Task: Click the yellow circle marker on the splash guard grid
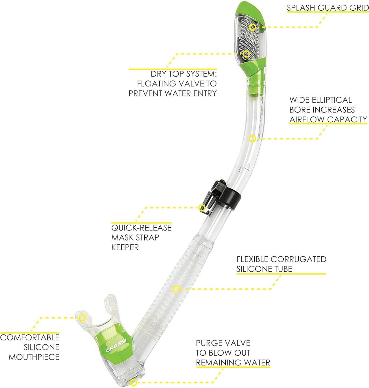253,27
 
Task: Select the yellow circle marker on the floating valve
246,54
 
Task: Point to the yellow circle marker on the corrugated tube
176,289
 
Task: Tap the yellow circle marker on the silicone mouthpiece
82,317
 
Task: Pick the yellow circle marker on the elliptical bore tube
252,139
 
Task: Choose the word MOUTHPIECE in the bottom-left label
34,357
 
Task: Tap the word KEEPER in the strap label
125,247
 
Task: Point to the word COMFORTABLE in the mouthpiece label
30,337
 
